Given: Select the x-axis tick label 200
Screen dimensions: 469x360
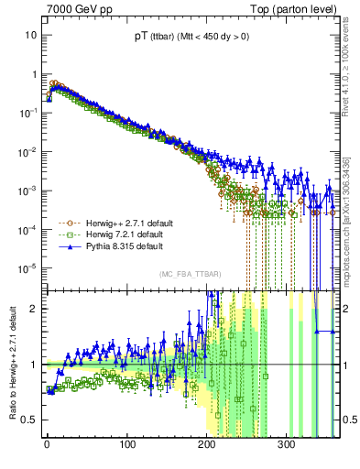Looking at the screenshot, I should [206, 444].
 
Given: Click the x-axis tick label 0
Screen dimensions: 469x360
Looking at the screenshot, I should [47, 444].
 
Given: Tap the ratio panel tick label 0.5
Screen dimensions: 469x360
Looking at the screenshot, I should [29, 420].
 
